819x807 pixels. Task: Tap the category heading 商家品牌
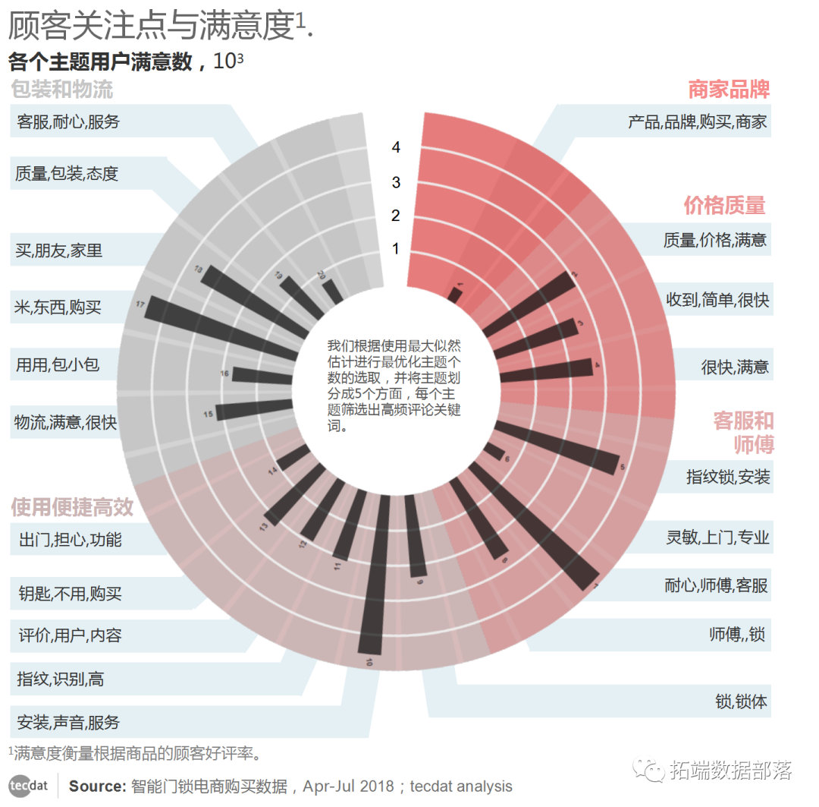click(728, 90)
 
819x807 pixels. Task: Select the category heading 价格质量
click(724, 205)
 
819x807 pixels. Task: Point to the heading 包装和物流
click(62, 90)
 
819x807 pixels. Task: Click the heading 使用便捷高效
click(72, 507)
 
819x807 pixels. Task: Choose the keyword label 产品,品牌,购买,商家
click(697, 121)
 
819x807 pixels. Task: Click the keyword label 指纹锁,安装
click(728, 477)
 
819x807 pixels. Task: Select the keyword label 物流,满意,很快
click(66, 422)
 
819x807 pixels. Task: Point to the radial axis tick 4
click(396, 147)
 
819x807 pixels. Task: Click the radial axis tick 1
click(396, 248)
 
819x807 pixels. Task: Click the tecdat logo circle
click(28, 787)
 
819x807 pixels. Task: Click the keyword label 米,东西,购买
click(58, 307)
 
